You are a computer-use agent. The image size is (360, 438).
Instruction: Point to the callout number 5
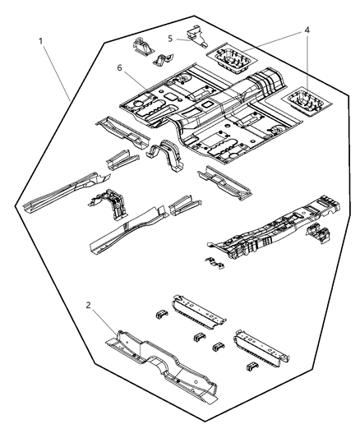[x=170, y=37]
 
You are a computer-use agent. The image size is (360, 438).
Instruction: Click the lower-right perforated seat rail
[x=261, y=347]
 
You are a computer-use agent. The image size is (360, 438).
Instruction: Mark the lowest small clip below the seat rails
[x=252, y=366]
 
